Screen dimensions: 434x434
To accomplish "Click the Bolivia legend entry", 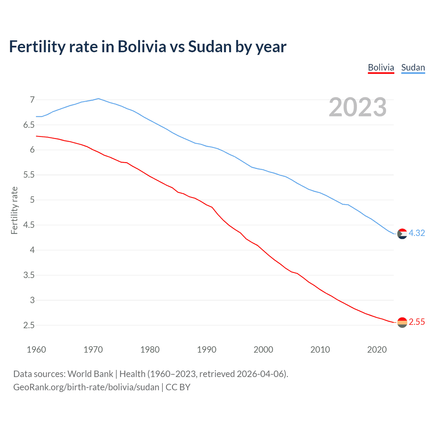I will pyautogui.click(x=381, y=67).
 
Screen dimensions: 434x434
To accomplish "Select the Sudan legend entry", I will pyautogui.click(x=413, y=67).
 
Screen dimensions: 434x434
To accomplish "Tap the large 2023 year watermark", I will pyautogui.click(x=357, y=107).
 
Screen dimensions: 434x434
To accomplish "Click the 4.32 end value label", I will pyautogui.click(x=417, y=233).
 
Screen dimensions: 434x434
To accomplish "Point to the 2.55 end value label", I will pyautogui.click(x=417, y=322).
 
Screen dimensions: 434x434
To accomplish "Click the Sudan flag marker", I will pyautogui.click(x=402, y=234).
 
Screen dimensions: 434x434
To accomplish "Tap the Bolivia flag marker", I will pyautogui.click(x=402, y=322).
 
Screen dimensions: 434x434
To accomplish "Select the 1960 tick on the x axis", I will pyautogui.click(x=36, y=350).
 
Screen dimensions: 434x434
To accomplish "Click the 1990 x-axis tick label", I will pyautogui.click(x=206, y=350).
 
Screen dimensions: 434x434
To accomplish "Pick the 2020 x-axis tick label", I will pyautogui.click(x=377, y=350).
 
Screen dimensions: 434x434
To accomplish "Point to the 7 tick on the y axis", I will pyautogui.click(x=32, y=100).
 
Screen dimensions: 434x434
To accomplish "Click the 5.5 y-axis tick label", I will pyautogui.click(x=29, y=175).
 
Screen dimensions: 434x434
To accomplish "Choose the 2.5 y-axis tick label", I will pyautogui.click(x=29, y=325).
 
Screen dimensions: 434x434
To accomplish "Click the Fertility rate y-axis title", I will pyautogui.click(x=14, y=210).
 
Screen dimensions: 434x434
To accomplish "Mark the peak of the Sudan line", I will pyautogui.click(x=98, y=99).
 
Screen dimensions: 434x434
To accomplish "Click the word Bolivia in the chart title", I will pyautogui.click(x=142, y=47).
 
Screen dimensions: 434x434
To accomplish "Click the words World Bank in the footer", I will pyautogui.click(x=90, y=374).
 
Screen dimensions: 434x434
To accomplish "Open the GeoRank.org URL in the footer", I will pyautogui.click(x=86, y=387).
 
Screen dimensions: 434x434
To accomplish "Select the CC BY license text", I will pyautogui.click(x=178, y=387).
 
